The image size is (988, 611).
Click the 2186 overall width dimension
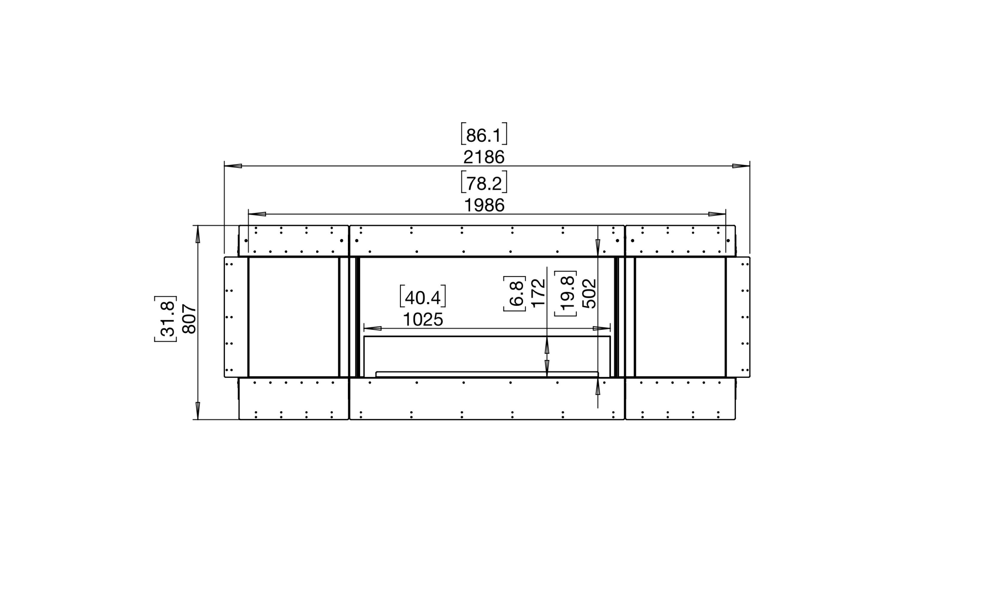[484, 157]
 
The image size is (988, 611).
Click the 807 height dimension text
[190, 319]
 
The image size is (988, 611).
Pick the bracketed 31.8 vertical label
[166, 319]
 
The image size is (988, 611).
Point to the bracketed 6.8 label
[515, 294]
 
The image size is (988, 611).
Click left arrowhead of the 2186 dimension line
[233, 166]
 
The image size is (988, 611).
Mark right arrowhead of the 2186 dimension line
[741, 166]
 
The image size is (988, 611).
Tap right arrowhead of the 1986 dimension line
[717, 214]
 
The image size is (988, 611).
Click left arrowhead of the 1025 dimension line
[372, 328]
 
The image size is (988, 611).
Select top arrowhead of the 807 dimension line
[198, 235]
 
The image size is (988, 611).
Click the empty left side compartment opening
[293, 317]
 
